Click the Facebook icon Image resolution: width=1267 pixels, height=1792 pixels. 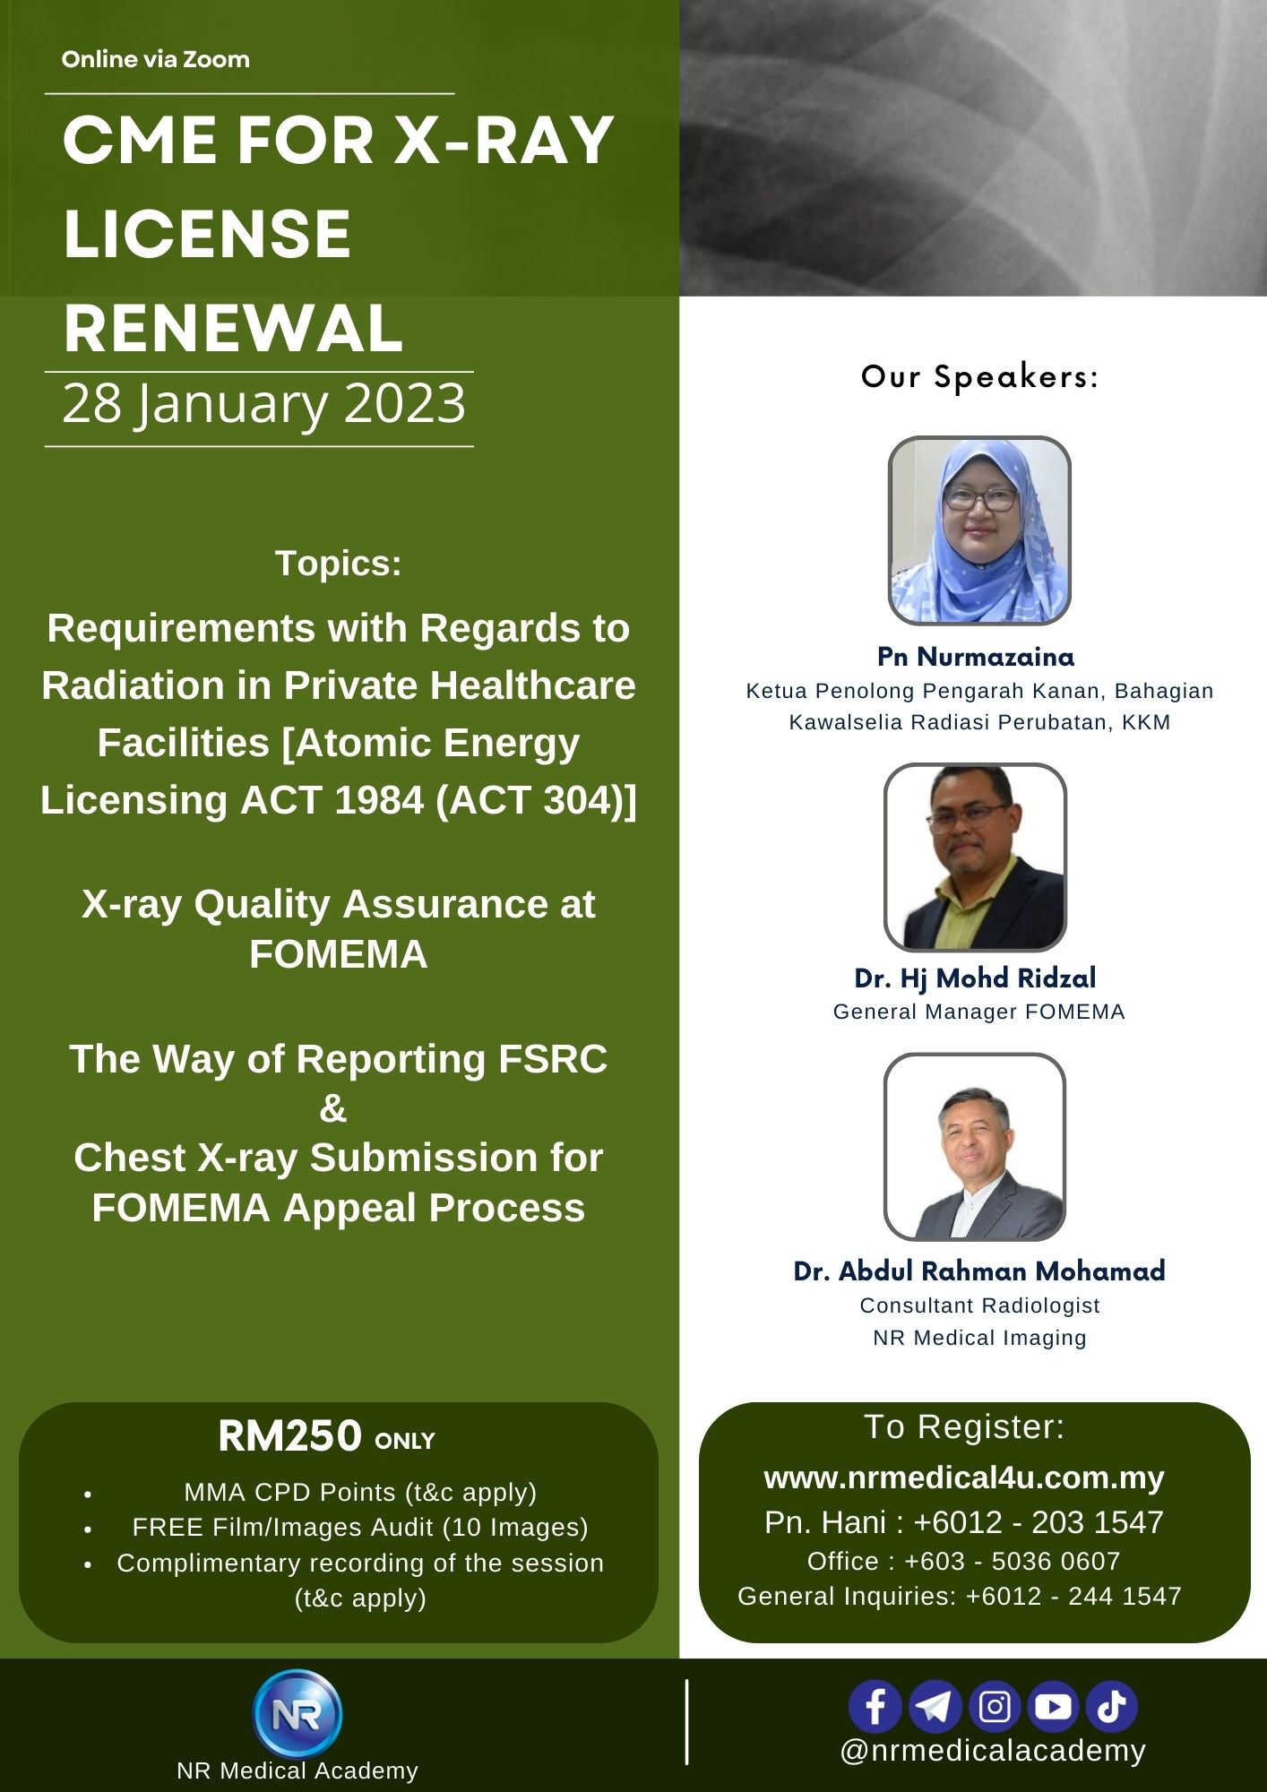(875, 1706)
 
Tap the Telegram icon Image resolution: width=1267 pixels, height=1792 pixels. (935, 1706)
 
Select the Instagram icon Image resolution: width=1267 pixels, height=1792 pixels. (995, 1706)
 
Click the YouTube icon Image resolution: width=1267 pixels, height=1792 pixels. (1053, 1706)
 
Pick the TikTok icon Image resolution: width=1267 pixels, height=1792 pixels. (1112, 1706)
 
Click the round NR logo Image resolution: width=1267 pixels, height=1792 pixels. (297, 1713)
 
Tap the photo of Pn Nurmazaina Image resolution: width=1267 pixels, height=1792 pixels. (979, 530)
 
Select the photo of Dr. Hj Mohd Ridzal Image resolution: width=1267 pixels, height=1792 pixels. (975, 857)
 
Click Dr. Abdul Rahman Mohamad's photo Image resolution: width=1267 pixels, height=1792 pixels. (975, 1147)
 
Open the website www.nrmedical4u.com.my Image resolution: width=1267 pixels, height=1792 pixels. (963, 1478)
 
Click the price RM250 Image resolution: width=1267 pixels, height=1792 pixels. (289, 1436)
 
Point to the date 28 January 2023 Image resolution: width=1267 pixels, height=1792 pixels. (264, 404)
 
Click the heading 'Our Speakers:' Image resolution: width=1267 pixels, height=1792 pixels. (979, 376)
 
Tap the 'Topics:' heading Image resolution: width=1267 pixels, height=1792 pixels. (339, 564)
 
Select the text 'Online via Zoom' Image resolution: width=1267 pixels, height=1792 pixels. (156, 60)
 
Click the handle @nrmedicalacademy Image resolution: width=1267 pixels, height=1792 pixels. (993, 1750)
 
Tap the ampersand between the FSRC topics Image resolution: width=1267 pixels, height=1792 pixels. (333, 1108)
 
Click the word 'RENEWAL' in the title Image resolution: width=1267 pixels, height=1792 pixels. (233, 328)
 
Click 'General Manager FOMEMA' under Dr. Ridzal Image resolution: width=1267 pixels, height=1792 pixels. (978, 1012)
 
